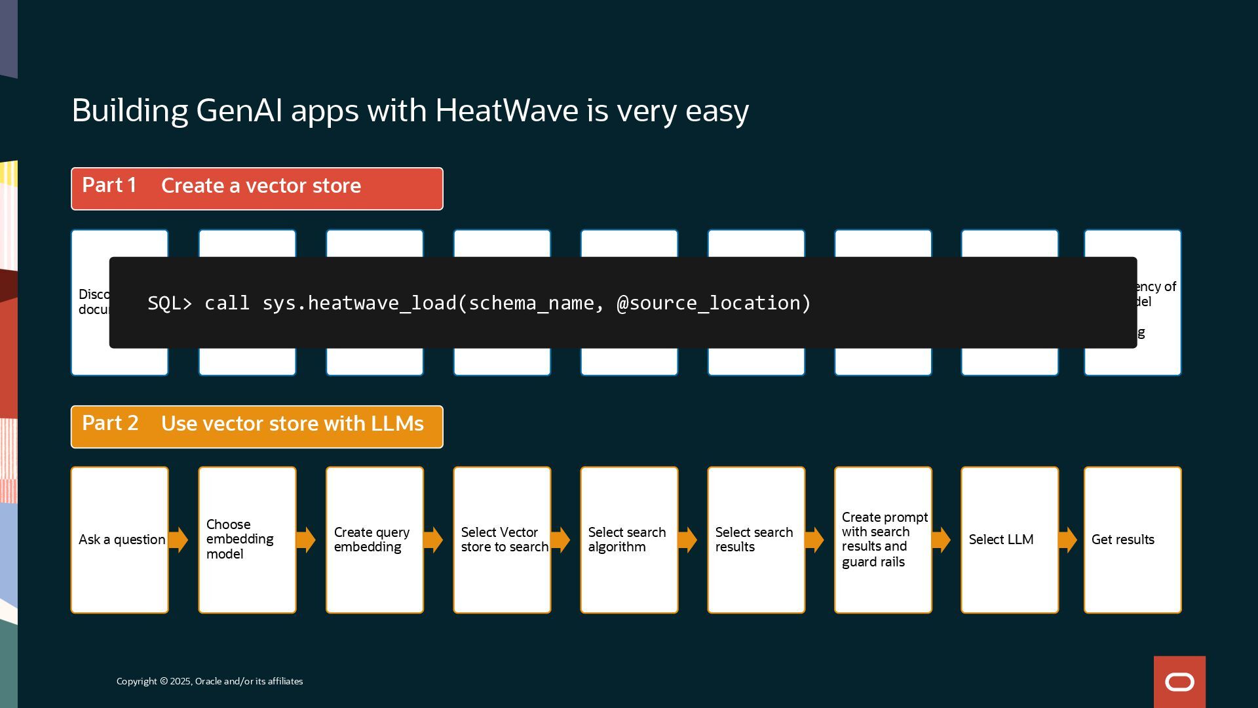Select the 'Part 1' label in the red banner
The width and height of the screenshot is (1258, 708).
click(109, 186)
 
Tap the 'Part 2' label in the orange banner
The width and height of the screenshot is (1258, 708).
click(110, 424)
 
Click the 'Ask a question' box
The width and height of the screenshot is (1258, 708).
click(120, 540)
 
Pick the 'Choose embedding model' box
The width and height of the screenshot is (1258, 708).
click(247, 540)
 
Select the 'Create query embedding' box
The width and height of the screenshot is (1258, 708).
click(374, 540)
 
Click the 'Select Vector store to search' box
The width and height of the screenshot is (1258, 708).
click(502, 540)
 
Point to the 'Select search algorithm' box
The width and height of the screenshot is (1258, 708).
click(628, 540)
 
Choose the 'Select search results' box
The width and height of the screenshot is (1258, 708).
click(755, 540)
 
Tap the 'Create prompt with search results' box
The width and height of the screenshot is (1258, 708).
click(883, 540)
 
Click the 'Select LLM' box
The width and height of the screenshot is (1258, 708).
click(1009, 540)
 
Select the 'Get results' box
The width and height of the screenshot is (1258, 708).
click(1132, 540)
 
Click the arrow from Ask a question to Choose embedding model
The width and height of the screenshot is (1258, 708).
click(178, 540)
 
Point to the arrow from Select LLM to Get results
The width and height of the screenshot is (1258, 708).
click(1067, 540)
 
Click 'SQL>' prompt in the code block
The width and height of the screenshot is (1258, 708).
click(170, 304)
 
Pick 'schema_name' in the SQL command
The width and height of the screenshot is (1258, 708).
click(531, 304)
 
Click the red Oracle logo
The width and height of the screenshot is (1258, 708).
click(1179, 682)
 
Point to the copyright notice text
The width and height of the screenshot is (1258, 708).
click(210, 682)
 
